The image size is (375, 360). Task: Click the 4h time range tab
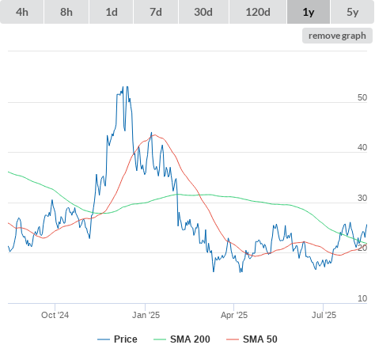[22, 12]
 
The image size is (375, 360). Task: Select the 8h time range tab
[66, 12]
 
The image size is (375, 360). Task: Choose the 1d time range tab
[112, 12]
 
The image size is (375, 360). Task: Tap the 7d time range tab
[156, 12]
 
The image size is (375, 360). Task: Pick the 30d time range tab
[203, 12]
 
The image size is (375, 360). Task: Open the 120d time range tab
[258, 12]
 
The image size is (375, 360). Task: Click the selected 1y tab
[309, 12]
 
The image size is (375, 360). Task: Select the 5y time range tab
[352, 12]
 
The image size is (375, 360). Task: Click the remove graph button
[337, 36]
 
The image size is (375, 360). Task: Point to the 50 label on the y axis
[362, 97]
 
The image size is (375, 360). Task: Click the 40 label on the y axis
[362, 148]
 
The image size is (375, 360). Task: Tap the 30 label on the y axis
[362, 198]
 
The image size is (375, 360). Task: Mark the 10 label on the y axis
[362, 298]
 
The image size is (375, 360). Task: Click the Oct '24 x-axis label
[55, 315]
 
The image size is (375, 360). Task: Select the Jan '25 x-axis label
[146, 315]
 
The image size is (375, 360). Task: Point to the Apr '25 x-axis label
[234, 315]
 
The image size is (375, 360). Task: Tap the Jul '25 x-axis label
[324, 315]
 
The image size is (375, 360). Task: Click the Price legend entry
[117, 339]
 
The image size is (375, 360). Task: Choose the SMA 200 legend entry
[182, 339]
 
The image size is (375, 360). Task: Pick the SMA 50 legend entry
[252, 339]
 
